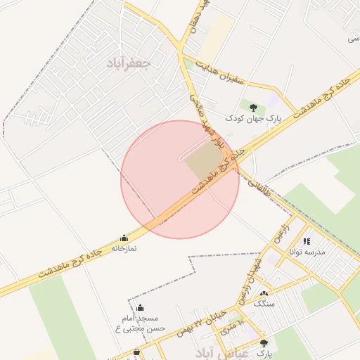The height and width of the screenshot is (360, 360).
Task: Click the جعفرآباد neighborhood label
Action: tap(129, 63)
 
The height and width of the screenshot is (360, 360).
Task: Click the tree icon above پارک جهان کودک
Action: tap(253, 108)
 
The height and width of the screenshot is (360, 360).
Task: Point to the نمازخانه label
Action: tap(124, 248)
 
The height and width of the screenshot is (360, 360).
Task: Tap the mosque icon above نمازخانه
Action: tap(124, 238)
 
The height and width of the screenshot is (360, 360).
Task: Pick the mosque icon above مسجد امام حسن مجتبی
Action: tap(140, 307)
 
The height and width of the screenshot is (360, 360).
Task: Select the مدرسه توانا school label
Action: tap(308, 251)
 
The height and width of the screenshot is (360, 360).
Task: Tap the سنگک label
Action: tap(264, 304)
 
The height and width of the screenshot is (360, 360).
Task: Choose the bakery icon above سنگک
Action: tap(264, 294)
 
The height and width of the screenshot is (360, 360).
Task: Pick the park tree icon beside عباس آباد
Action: tap(264, 343)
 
